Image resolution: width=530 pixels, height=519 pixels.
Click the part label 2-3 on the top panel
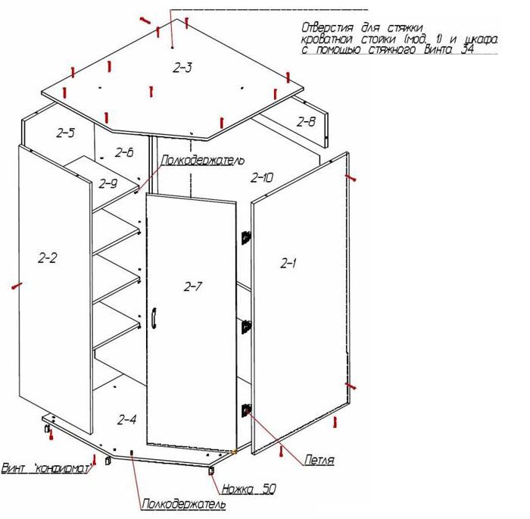pyautogui.click(x=182, y=68)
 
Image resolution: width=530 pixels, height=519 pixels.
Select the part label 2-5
pyautogui.click(x=66, y=133)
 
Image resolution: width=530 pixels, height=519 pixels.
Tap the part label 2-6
pyautogui.click(x=124, y=152)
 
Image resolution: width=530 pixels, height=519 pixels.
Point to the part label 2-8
pyautogui.click(x=306, y=121)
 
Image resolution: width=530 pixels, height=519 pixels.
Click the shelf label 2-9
pyautogui.click(x=108, y=183)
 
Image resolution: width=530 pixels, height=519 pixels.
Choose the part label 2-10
pyautogui.click(x=262, y=177)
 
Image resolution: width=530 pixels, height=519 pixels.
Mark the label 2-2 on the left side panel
pyautogui.click(x=48, y=258)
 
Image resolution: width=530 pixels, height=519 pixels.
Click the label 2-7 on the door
pyautogui.click(x=193, y=286)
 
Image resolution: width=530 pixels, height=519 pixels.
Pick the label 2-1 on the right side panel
pyautogui.click(x=288, y=263)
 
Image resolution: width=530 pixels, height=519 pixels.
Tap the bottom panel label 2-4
pyautogui.click(x=126, y=420)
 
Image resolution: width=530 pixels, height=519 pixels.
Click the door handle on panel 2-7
pyautogui.click(x=154, y=318)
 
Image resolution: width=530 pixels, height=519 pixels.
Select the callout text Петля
pyautogui.click(x=319, y=460)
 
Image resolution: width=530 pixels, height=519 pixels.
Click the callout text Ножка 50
pyautogui.click(x=249, y=489)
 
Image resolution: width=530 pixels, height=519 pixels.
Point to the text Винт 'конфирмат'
pyautogui.click(x=46, y=468)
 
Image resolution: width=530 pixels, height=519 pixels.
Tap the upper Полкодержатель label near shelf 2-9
pyautogui.click(x=203, y=160)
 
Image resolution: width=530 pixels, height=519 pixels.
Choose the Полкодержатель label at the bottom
pyautogui.click(x=184, y=504)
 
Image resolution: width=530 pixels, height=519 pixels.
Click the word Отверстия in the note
pyautogui.click(x=328, y=27)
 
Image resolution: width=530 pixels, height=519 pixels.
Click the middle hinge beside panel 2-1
pyautogui.click(x=246, y=327)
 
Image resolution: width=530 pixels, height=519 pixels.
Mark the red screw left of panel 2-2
pyautogui.click(x=17, y=286)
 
